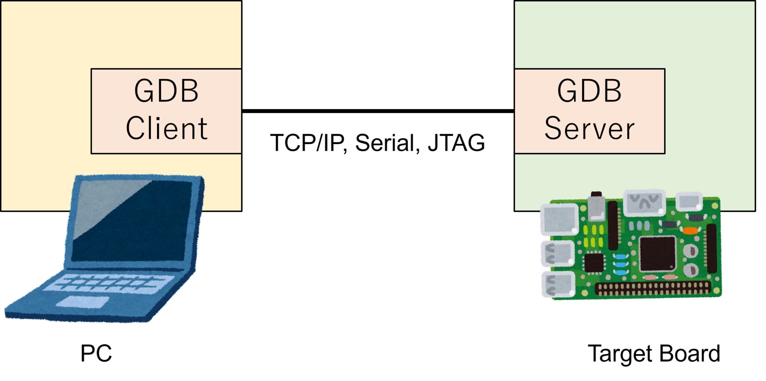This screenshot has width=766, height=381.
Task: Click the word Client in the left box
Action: click(x=166, y=128)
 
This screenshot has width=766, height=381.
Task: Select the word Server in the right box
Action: click(x=589, y=128)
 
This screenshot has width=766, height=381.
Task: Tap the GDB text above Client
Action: click(x=166, y=91)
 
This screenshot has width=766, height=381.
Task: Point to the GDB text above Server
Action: click(x=589, y=91)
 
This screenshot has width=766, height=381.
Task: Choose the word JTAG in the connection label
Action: click(x=456, y=143)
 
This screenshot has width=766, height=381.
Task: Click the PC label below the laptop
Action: click(x=96, y=353)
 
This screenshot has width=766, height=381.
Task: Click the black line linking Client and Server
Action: click(x=378, y=111)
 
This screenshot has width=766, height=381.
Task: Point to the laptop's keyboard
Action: click(x=108, y=284)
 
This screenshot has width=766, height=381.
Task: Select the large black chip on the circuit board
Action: click(x=657, y=253)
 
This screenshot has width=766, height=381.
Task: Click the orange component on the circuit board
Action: click(x=690, y=230)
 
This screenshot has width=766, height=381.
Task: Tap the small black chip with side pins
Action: click(x=594, y=263)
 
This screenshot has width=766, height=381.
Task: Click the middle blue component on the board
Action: click(x=621, y=264)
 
